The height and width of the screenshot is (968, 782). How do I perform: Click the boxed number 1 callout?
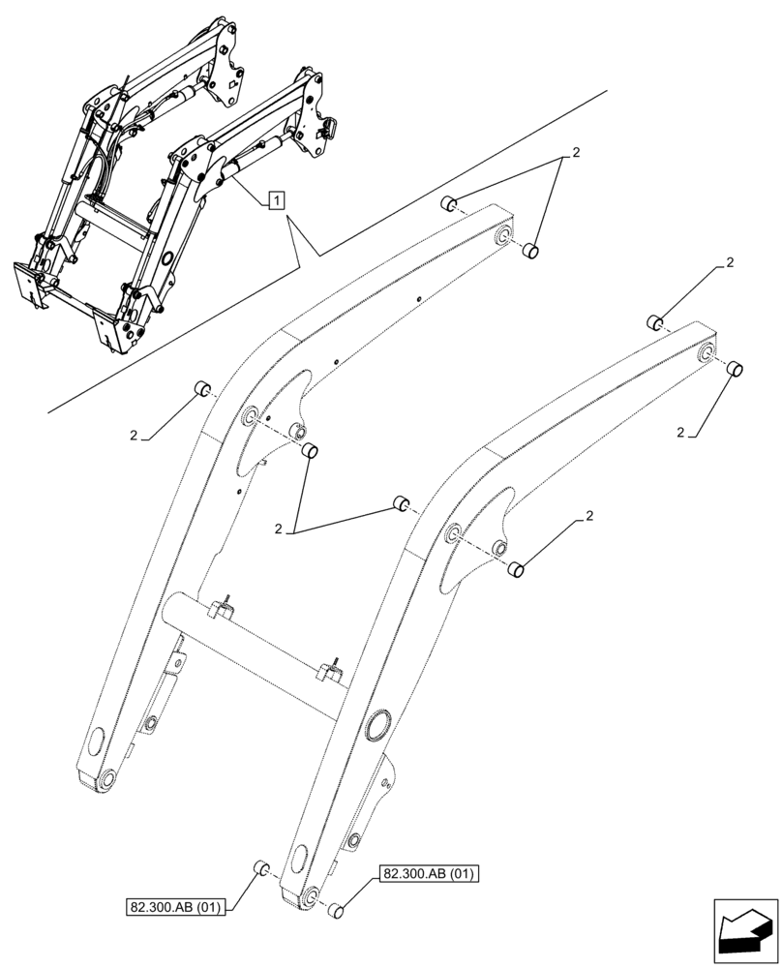point(277,200)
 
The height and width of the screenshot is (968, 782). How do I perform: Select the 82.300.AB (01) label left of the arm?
point(175,907)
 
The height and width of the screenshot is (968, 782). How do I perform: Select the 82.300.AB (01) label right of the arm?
point(430,874)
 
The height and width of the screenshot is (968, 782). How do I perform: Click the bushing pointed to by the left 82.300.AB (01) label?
point(259,867)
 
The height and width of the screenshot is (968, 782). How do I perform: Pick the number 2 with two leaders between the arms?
point(279,529)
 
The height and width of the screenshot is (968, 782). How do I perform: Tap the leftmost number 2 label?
point(134,436)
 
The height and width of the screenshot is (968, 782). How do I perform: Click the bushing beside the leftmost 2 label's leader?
point(203,389)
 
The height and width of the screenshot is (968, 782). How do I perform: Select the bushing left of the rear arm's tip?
point(449,204)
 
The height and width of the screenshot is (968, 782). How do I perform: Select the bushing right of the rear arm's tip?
point(529,252)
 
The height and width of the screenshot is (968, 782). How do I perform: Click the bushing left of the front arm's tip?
point(655,321)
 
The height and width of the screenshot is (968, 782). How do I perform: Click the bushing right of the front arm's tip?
point(734,368)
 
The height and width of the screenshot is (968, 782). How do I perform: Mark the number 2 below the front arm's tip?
point(680,432)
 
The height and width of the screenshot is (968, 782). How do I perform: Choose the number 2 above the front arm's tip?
point(730,262)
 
